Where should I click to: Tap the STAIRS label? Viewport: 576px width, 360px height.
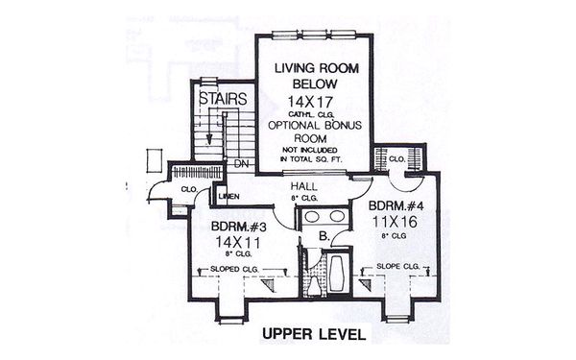[x=223, y=98]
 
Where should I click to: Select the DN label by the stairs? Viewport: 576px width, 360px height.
[x=241, y=164]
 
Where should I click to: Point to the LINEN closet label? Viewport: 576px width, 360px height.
[x=228, y=196]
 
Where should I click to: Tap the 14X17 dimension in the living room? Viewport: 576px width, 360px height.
[x=316, y=102]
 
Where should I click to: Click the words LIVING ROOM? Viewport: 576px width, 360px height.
[x=316, y=68]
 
